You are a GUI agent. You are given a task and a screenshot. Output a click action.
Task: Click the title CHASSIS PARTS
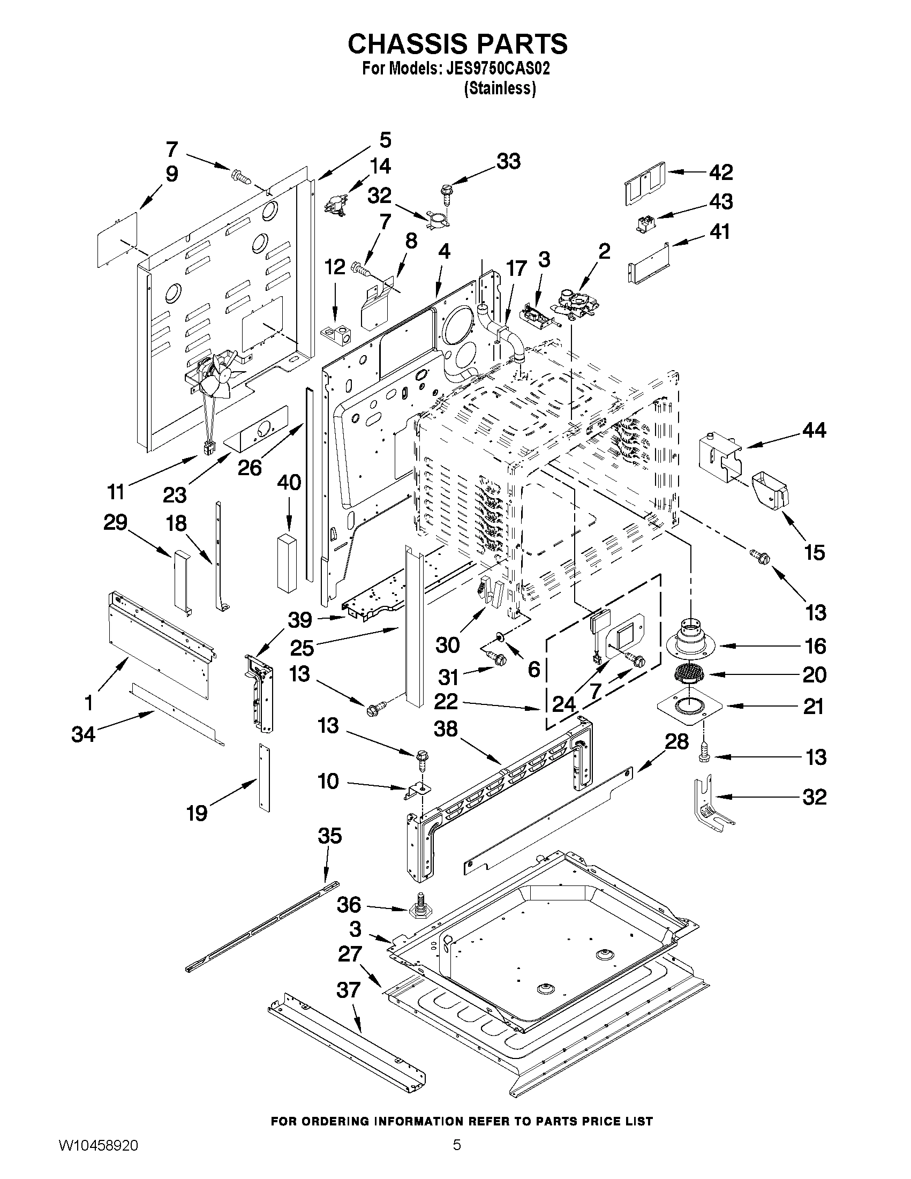point(457,44)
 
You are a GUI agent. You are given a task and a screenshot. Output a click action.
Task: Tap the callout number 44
point(814,430)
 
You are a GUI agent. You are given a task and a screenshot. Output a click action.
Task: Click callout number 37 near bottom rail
point(348,990)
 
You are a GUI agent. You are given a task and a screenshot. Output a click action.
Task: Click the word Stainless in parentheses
point(500,88)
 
